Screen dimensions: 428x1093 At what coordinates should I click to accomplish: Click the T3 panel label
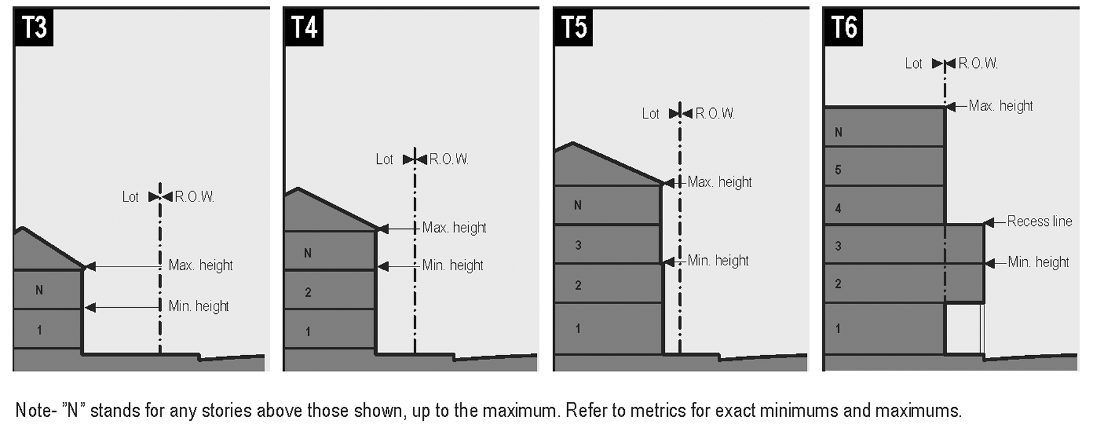pos(33,27)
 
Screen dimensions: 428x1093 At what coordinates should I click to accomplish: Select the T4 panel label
pos(303,27)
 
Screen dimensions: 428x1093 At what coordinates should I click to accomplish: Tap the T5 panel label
pos(573,27)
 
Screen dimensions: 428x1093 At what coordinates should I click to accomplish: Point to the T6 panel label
pos(843,27)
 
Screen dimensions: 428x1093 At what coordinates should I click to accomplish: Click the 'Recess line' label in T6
pos(1039,222)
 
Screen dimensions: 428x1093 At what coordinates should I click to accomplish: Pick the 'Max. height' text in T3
pos(200,265)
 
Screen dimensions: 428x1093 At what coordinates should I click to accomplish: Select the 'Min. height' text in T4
pos(452,265)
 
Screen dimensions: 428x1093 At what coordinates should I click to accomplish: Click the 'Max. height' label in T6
pos(1000,106)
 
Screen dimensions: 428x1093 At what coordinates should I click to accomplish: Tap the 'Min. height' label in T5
pos(718,261)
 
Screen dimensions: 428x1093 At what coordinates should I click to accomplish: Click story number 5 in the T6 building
pos(838,170)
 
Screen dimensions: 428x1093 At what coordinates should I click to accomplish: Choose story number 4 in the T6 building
pos(838,208)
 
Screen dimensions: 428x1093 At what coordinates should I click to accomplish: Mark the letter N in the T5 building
pos(577,205)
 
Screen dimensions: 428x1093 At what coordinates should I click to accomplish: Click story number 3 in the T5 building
pos(577,245)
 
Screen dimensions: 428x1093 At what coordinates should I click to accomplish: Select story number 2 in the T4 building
pos(308,293)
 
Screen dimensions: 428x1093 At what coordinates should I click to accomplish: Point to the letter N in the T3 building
pos(39,290)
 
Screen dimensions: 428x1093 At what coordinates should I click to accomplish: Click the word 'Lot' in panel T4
pos(384,160)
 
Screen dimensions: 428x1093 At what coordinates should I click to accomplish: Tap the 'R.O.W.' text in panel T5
pos(715,114)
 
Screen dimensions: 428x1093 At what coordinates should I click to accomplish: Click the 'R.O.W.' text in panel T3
pos(194,197)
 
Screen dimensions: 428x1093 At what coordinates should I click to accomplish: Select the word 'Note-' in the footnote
pos(35,410)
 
